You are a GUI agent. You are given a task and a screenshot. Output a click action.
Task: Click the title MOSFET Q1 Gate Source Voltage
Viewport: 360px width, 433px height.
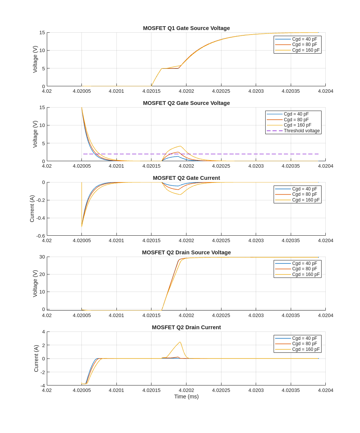point(186,28)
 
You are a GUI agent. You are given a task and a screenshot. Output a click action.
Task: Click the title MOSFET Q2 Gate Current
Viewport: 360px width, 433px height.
point(186,178)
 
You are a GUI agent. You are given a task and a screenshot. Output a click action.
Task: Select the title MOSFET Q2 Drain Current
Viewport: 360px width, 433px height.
point(186,327)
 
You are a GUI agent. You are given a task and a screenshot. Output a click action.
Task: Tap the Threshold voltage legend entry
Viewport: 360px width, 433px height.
point(301,131)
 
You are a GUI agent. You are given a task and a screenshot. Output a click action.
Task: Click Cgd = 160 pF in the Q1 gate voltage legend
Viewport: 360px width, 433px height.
point(306,50)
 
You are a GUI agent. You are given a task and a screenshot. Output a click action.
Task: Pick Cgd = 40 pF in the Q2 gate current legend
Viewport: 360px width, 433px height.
point(304,189)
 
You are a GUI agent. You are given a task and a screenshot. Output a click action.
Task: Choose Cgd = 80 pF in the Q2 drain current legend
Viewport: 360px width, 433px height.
point(304,344)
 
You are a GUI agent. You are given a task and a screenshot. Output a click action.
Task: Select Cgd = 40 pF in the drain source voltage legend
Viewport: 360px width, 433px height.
point(304,263)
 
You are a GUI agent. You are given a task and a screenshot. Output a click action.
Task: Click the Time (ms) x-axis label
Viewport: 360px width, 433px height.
point(186,397)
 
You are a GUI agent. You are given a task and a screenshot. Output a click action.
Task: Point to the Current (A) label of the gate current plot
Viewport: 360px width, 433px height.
point(32,209)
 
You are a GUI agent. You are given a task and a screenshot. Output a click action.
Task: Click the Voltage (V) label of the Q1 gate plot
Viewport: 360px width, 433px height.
point(35,59)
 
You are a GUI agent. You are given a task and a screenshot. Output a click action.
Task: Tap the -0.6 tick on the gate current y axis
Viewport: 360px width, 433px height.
point(40,236)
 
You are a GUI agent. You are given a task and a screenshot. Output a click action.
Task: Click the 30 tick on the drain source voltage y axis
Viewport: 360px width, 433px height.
point(42,257)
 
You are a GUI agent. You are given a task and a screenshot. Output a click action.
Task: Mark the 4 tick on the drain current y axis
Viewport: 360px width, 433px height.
point(43,332)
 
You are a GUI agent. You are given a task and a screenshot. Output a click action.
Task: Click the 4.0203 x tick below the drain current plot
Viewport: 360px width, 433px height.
point(256,390)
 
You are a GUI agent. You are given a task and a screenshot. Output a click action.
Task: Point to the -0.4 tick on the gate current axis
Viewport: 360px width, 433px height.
point(40,218)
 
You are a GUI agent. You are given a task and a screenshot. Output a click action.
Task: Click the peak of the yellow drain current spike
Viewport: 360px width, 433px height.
point(180,342)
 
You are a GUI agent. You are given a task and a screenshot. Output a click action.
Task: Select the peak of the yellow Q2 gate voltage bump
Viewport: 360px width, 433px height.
point(180,146)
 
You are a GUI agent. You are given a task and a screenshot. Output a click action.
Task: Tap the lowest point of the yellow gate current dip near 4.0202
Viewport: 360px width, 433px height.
point(180,195)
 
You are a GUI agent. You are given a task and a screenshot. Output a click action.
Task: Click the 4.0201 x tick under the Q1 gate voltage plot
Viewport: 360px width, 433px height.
point(116,91)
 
